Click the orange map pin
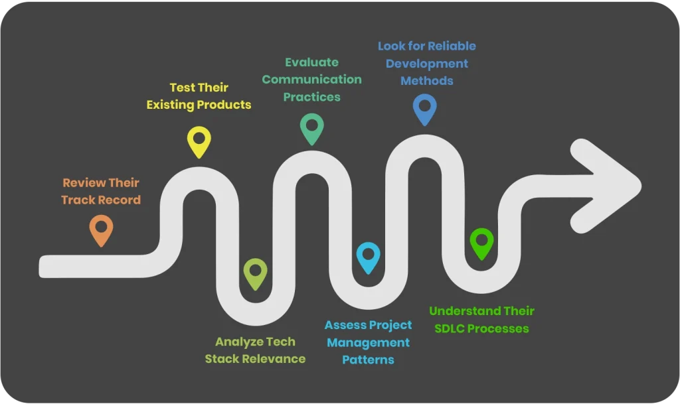point(101,229)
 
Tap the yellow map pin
point(199,140)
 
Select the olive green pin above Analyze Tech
point(255,272)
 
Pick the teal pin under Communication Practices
point(311,127)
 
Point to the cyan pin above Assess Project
point(368,256)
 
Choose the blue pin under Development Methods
point(424,107)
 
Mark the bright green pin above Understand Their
point(481,241)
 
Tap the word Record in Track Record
point(120,200)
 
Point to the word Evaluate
point(311,62)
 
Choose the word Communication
point(311,80)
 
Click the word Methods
point(426,81)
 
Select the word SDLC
point(448,328)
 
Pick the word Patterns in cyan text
point(368,360)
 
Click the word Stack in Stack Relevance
point(221,359)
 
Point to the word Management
point(368,342)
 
